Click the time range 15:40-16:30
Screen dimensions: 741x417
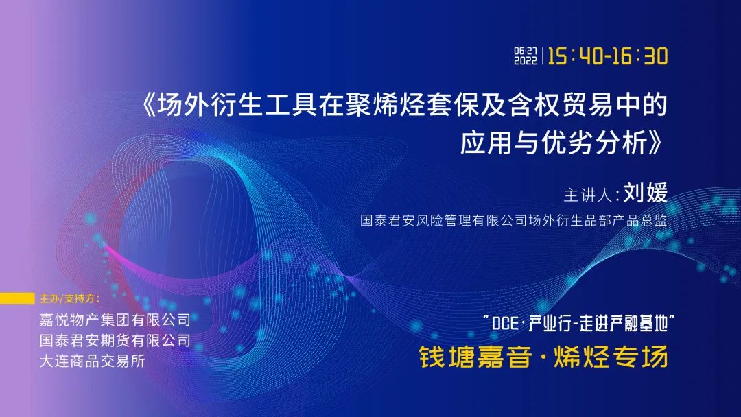(x=608, y=57)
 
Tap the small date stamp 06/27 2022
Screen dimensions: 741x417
(x=526, y=56)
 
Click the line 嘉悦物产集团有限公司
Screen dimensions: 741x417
(x=115, y=320)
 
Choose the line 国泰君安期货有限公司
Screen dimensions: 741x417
(x=115, y=340)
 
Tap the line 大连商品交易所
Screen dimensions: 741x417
(x=92, y=361)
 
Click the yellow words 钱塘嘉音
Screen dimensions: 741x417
(x=475, y=357)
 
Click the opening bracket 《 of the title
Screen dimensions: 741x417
(x=149, y=105)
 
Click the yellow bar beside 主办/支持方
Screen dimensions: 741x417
(x=17, y=298)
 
